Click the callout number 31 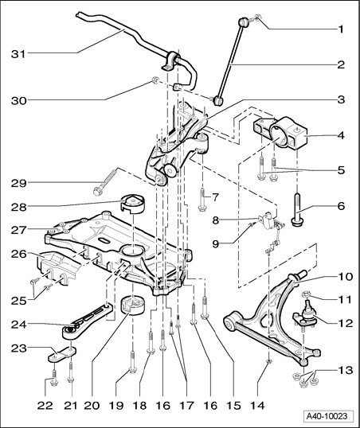(x=18, y=54)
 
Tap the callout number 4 (x=341, y=134)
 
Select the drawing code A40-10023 (x=327, y=416)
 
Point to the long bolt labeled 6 (x=297, y=209)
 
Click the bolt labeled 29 (x=105, y=181)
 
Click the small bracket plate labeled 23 (x=62, y=354)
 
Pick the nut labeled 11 (x=306, y=294)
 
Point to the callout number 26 (x=19, y=254)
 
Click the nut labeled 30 (x=155, y=80)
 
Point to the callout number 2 (x=341, y=64)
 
